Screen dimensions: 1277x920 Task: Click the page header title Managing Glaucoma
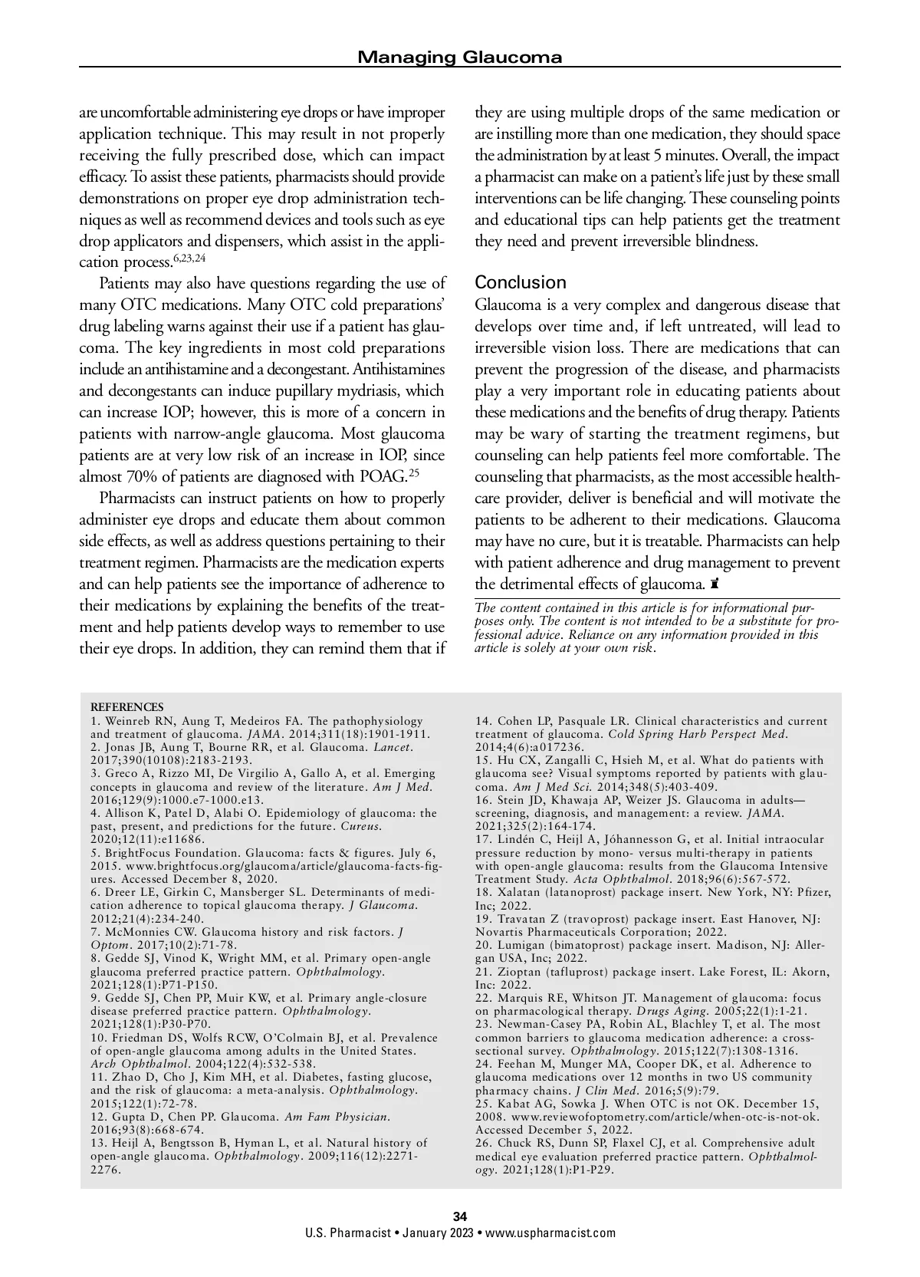(x=460, y=57)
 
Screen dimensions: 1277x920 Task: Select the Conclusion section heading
(x=521, y=282)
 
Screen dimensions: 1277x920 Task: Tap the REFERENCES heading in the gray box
(x=127, y=706)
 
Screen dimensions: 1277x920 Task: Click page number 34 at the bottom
(x=460, y=1216)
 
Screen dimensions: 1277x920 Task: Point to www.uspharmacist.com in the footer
(x=550, y=1233)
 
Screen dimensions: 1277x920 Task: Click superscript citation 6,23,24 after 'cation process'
(x=185, y=257)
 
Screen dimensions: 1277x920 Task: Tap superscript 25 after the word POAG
(x=413, y=472)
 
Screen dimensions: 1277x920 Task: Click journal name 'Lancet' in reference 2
(x=393, y=747)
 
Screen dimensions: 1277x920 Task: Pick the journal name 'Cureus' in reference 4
(x=360, y=826)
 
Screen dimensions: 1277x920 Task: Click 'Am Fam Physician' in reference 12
(x=337, y=1117)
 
